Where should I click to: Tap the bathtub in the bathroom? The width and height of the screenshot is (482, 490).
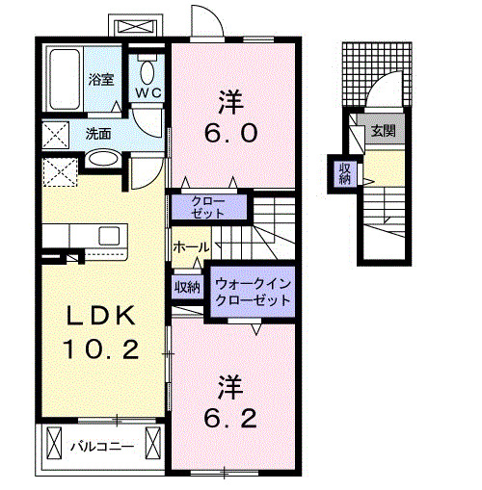(67, 73)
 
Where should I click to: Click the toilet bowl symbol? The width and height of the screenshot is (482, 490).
(147, 69)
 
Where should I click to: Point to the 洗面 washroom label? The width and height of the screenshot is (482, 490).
(97, 134)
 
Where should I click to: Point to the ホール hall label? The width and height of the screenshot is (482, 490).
(190, 247)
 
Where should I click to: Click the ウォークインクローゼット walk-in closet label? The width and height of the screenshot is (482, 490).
(253, 292)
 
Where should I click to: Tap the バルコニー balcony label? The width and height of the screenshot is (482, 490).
(100, 447)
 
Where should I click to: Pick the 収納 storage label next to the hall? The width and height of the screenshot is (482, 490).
(187, 286)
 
